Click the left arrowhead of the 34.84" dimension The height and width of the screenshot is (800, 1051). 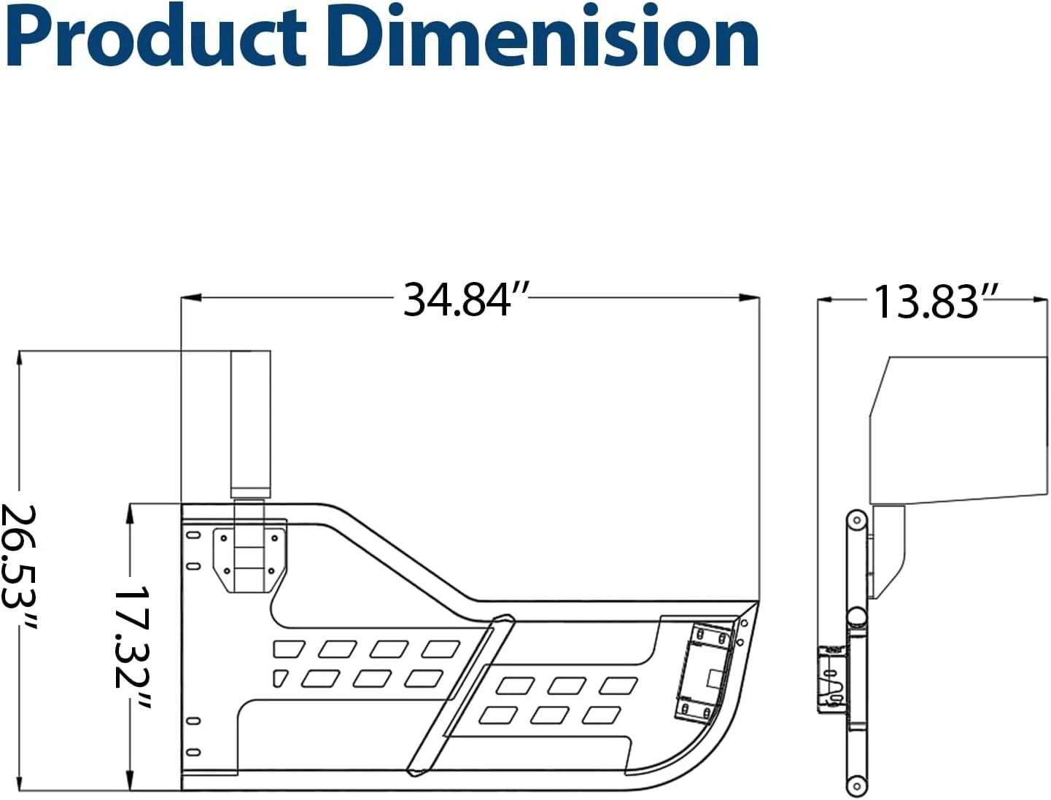[190, 298]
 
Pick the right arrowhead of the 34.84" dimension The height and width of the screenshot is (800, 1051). [749, 298]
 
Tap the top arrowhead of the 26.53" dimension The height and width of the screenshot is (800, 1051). [19, 361]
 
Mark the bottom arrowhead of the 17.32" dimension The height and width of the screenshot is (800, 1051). [128, 780]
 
